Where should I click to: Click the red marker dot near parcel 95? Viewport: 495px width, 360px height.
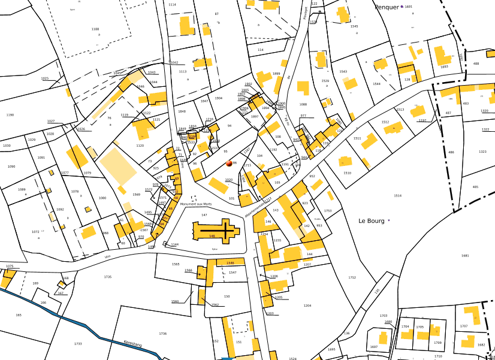[229, 162]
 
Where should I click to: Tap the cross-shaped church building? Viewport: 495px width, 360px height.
[216, 231]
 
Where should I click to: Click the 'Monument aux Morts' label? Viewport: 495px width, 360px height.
[192, 204]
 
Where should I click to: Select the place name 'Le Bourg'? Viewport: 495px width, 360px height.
[370, 220]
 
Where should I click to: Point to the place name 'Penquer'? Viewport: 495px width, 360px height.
[387, 7]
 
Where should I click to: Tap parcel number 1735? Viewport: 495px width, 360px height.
[108, 277]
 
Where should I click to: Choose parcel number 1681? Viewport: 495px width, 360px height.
[465, 256]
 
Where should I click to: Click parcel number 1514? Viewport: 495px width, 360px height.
[397, 196]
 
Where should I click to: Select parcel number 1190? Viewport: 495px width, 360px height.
[10, 115]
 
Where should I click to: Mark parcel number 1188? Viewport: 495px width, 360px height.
[95, 29]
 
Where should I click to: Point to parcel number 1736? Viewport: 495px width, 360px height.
[162, 334]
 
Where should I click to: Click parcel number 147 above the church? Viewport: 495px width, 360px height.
[204, 214]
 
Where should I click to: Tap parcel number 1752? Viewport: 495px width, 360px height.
[352, 277]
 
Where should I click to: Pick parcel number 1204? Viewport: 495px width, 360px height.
[307, 305]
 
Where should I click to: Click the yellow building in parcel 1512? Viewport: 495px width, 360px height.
[394, 128]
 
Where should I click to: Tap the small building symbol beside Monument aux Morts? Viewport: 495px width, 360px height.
[192, 198]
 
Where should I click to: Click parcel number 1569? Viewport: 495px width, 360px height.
[136, 195]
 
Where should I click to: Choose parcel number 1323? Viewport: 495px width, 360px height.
[482, 152]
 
